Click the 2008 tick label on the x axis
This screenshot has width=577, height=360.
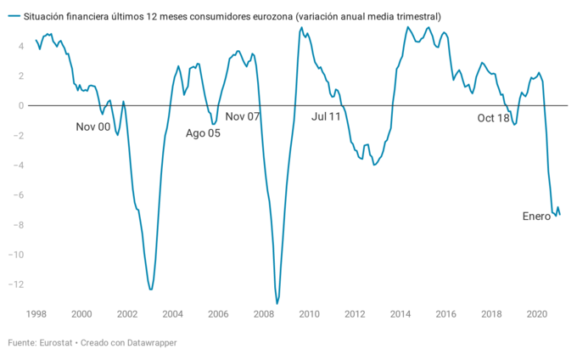point(263,314)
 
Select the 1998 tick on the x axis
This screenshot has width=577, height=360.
point(36,314)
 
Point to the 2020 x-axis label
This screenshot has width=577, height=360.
point(536,314)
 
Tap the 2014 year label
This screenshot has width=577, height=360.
point(400,314)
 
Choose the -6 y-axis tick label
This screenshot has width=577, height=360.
point(17,194)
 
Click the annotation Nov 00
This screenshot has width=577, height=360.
point(93,127)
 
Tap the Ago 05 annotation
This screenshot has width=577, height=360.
point(203,133)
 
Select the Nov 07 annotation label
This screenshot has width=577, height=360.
point(242,116)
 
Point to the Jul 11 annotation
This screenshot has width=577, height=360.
point(326,116)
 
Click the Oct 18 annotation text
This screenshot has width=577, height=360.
point(493,118)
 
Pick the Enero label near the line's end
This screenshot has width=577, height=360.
point(536,217)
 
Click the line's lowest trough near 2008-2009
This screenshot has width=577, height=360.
point(277,303)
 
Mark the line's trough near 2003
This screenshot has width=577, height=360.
point(151,290)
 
